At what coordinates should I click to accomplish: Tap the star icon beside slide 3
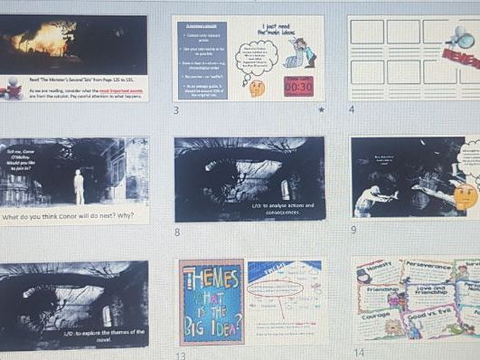pyautogui.click(x=320, y=110)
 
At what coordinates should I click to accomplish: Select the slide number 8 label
pyautogui.click(x=178, y=232)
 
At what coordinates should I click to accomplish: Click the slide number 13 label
pyautogui.click(x=182, y=355)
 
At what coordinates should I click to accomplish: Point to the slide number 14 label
pyautogui.click(x=358, y=352)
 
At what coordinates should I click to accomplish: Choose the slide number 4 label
pyautogui.click(x=352, y=109)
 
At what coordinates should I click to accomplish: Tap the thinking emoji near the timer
pyautogui.click(x=258, y=88)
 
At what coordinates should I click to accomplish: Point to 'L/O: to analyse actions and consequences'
pyautogui.click(x=283, y=209)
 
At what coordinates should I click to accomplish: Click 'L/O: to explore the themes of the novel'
pyautogui.click(x=106, y=336)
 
